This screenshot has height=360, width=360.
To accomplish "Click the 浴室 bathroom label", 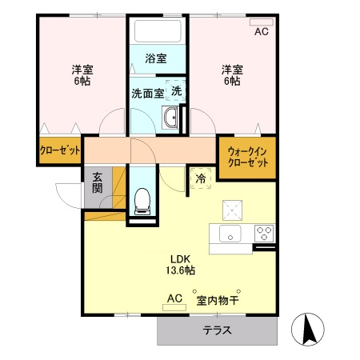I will tap(156, 58).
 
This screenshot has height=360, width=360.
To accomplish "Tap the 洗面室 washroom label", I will tap(147, 92).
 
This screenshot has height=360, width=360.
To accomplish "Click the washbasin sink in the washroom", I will tap(171, 120).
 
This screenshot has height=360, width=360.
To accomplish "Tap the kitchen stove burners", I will tap(264, 234).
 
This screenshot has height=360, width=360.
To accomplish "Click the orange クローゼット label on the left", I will tap(60, 150).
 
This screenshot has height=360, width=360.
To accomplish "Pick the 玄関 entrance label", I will tap(97, 183).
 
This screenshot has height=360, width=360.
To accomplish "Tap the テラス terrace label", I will tap(217, 330).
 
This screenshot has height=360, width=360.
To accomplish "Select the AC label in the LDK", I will tap(174, 299).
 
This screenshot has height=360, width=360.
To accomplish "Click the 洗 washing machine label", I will tap(176, 90).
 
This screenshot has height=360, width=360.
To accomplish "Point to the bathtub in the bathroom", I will tap(157, 32).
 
